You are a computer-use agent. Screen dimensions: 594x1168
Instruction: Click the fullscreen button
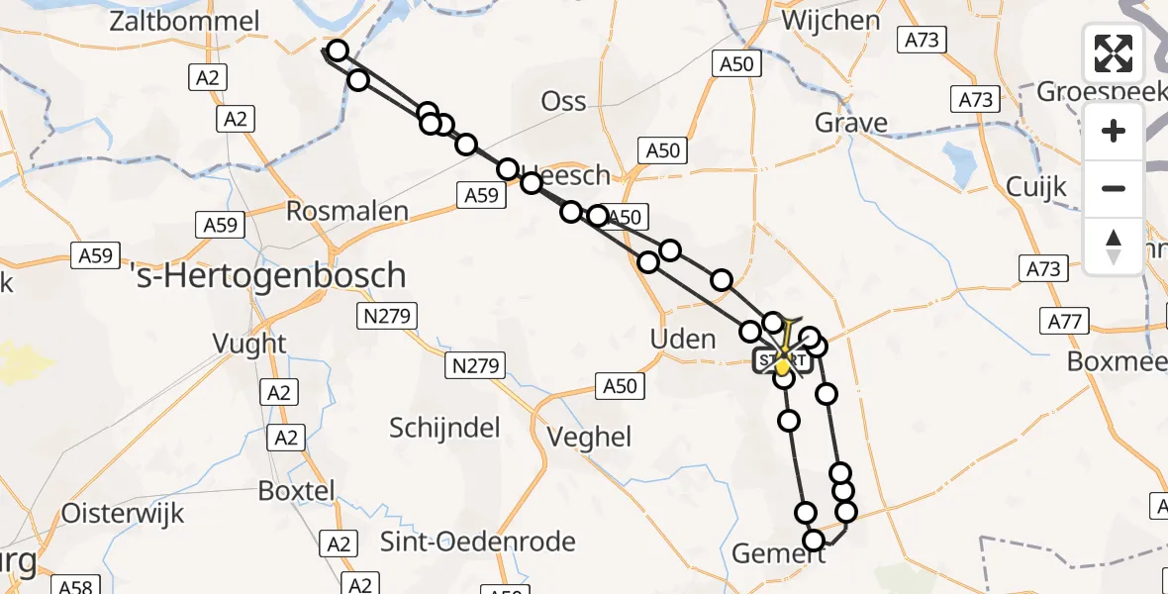click(x=1114, y=53)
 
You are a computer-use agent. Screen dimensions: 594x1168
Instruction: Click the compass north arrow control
click(x=1114, y=247)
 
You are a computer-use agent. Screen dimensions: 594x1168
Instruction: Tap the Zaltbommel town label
click(x=185, y=22)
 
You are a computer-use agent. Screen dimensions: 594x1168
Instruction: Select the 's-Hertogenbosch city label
click(x=268, y=274)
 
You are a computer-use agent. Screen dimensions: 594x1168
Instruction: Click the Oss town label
click(x=564, y=101)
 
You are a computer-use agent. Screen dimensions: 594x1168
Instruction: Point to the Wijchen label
click(x=830, y=21)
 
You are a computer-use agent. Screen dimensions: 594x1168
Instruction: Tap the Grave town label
click(x=850, y=123)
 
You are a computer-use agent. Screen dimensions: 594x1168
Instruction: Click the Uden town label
click(x=683, y=339)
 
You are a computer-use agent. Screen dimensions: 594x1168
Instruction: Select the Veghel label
click(x=589, y=437)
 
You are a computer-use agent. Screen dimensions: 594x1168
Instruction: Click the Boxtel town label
click(x=296, y=490)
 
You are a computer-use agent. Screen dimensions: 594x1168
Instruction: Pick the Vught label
click(x=249, y=345)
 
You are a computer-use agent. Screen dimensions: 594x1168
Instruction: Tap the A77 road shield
click(x=1064, y=321)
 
